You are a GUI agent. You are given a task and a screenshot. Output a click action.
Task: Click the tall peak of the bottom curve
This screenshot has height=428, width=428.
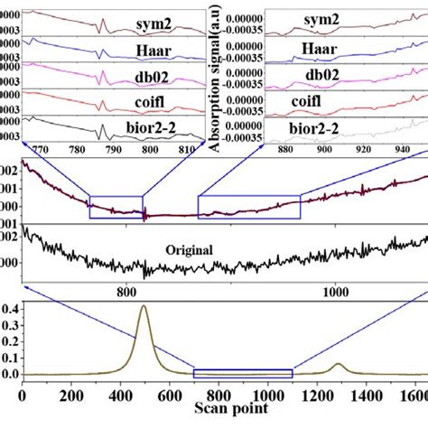(x=143, y=308)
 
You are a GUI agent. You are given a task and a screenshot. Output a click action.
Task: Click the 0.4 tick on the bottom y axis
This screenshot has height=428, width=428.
(x=9, y=309)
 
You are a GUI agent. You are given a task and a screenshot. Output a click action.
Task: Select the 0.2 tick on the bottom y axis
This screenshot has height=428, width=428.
(x=9, y=341)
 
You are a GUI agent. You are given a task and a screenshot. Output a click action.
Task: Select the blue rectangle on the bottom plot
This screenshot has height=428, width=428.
(x=244, y=373)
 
